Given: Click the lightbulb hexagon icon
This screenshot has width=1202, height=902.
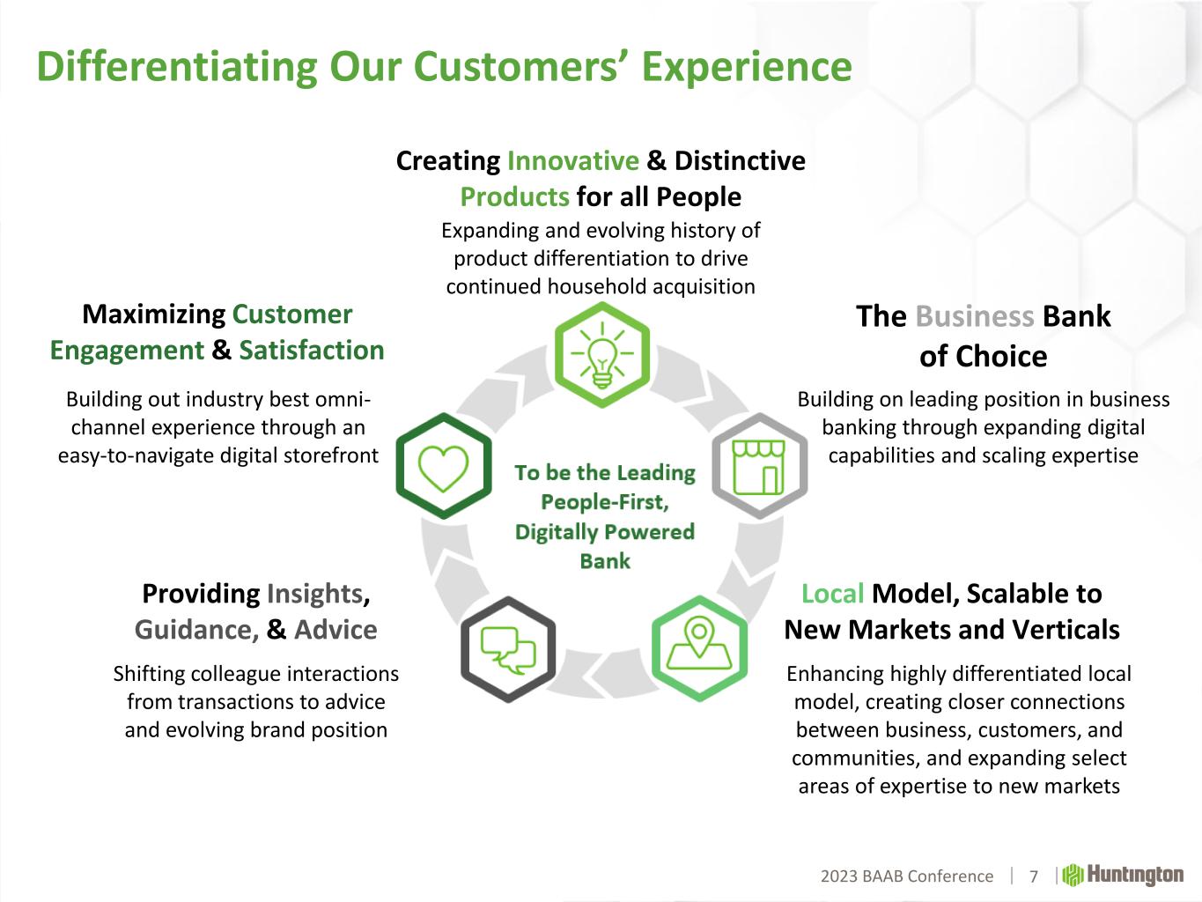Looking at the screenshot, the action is pyautogui.click(x=601, y=354).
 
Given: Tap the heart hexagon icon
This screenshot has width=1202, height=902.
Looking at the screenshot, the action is pyautogui.click(x=444, y=465).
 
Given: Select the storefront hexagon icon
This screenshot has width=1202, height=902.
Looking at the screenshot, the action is pyautogui.click(x=760, y=465).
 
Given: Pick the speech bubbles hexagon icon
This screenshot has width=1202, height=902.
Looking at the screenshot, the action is pyautogui.click(x=507, y=649).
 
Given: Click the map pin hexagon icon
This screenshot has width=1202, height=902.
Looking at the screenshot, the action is pyautogui.click(x=699, y=648).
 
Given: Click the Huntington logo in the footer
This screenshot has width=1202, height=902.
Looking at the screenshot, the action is pyautogui.click(x=1123, y=875).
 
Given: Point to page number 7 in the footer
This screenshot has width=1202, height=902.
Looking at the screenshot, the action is pyautogui.click(x=1033, y=876).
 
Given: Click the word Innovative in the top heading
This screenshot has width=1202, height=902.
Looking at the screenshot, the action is pyautogui.click(x=572, y=161).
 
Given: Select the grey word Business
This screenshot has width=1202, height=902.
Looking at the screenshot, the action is pyautogui.click(x=974, y=316).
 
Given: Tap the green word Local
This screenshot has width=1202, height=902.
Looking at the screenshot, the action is pyautogui.click(x=832, y=594).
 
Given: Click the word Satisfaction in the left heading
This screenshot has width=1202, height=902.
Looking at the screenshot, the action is pyautogui.click(x=312, y=351).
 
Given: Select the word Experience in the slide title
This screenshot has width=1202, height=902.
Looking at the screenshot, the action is pyautogui.click(x=747, y=68).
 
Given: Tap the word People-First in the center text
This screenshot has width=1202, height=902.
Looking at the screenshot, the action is pyautogui.click(x=605, y=502).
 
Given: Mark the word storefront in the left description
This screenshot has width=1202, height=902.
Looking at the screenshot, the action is pyautogui.click(x=331, y=455).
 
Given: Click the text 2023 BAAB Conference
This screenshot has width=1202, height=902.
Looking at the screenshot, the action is pyautogui.click(x=906, y=876).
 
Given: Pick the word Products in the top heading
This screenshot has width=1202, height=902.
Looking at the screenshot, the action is pyautogui.click(x=515, y=197).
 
